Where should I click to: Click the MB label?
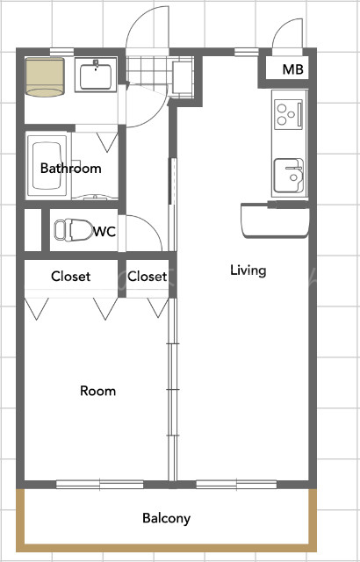click(x=292, y=69)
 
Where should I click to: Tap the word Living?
click(x=248, y=270)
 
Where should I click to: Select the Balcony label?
click(x=166, y=518)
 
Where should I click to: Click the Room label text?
click(x=97, y=391)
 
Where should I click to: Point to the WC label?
click(x=104, y=232)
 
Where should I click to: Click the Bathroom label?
click(x=70, y=168)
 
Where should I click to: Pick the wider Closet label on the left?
click(x=70, y=277)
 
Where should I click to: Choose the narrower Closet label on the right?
click(x=147, y=277)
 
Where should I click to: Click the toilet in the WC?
click(x=74, y=229)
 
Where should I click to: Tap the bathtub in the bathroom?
click(x=47, y=166)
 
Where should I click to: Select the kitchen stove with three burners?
click(x=289, y=114)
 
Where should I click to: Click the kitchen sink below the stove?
click(x=289, y=176)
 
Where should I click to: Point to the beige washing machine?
click(x=45, y=77)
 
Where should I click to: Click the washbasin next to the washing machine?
click(x=96, y=75)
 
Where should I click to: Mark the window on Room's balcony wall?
click(x=99, y=485)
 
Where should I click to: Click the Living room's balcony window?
click(x=236, y=485)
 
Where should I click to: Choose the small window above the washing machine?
click(x=61, y=52)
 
